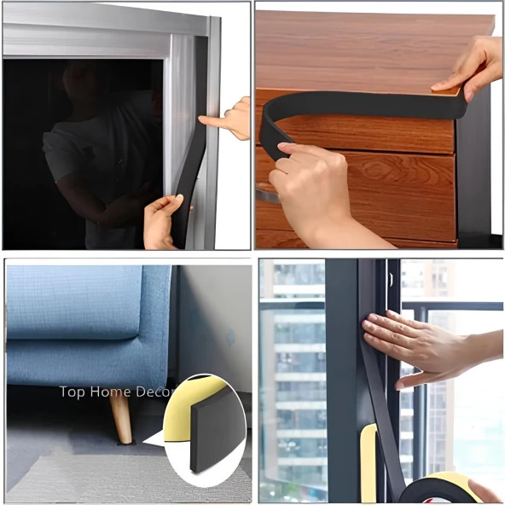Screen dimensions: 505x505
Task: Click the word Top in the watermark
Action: (x=73, y=392)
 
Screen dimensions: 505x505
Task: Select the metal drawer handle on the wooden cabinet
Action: (x=268, y=193)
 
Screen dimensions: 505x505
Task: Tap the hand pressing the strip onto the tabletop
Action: (x=468, y=67)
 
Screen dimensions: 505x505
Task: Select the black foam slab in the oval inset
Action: (x=217, y=432)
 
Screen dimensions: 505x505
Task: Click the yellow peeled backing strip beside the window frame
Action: (x=369, y=464)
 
